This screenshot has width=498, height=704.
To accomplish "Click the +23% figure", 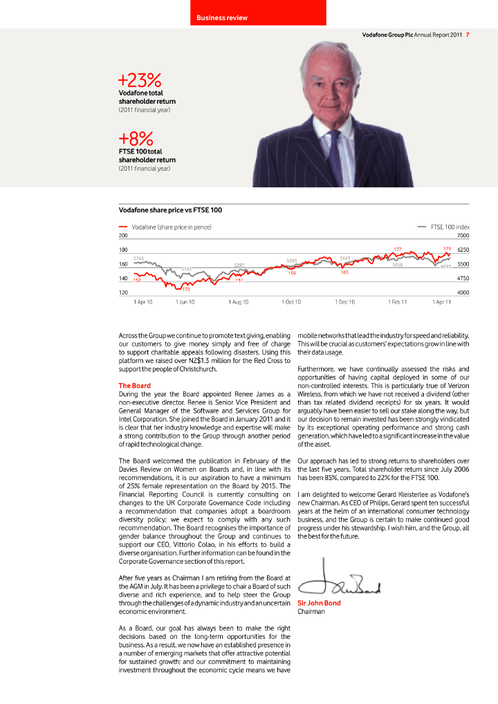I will tap(140, 80).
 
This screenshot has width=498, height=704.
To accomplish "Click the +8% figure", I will tap(136, 138).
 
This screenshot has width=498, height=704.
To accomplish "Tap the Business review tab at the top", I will tap(221, 17).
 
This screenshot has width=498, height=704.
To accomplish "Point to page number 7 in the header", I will tap(468, 35).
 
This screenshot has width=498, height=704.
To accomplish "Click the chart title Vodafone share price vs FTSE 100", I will tap(170, 210).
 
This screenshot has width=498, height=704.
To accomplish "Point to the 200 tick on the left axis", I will tap(123, 236).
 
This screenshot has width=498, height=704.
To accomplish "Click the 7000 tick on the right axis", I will tap(463, 236).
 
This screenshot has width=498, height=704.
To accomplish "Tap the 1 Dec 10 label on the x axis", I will tap(344, 302).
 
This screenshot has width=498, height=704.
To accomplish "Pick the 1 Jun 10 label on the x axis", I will tap(185, 302).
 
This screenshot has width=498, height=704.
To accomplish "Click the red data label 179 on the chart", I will tap(447, 248).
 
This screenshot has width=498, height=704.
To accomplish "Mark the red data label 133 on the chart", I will tap(186, 288).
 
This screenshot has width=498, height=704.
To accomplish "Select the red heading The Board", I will tap(134, 385).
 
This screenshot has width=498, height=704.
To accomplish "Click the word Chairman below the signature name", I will tap(311, 611).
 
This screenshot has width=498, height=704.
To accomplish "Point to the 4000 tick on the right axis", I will tap(463, 293).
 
